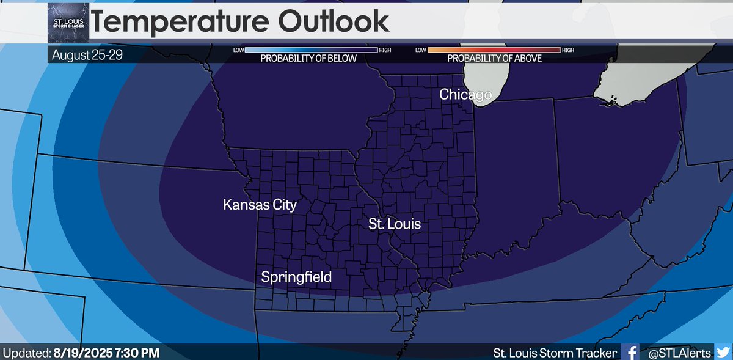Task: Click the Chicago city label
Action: (x=465, y=95)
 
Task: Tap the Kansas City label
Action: (x=260, y=204)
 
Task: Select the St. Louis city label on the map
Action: (x=394, y=224)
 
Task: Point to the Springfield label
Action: (x=296, y=277)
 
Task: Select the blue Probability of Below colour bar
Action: (x=311, y=50)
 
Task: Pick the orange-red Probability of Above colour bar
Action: (x=494, y=50)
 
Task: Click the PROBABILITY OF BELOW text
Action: (x=308, y=59)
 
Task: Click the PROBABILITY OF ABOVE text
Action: (x=495, y=59)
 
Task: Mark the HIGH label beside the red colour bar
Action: (x=568, y=50)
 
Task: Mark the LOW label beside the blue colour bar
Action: (x=239, y=50)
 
